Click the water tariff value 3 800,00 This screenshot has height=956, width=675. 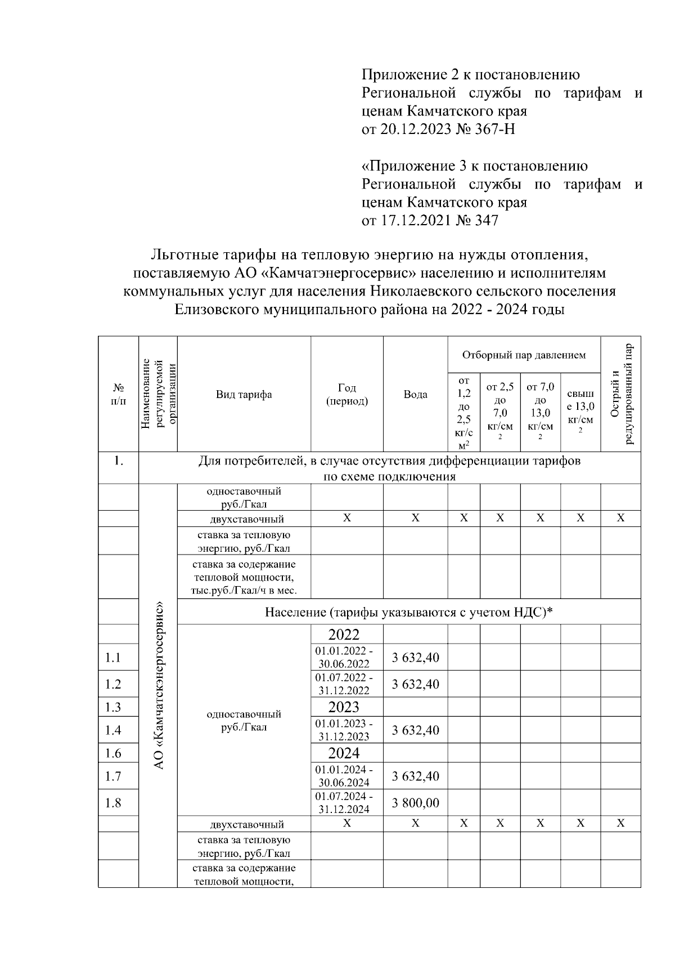point(415,802)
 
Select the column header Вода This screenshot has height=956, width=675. point(415,394)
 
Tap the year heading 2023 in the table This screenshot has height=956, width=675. point(344,707)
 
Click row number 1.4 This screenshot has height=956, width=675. point(113,730)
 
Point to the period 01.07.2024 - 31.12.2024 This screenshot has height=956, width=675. point(344,802)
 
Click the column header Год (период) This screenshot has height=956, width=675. point(347,394)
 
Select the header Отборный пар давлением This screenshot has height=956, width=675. point(524,355)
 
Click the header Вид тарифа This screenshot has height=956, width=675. point(244,394)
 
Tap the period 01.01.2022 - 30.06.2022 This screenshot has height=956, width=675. point(344,657)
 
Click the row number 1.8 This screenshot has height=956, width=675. point(113,802)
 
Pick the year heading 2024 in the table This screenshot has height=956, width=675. point(344,753)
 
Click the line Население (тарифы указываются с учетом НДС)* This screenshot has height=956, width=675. point(409,612)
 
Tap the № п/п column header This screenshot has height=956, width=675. point(118,394)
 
